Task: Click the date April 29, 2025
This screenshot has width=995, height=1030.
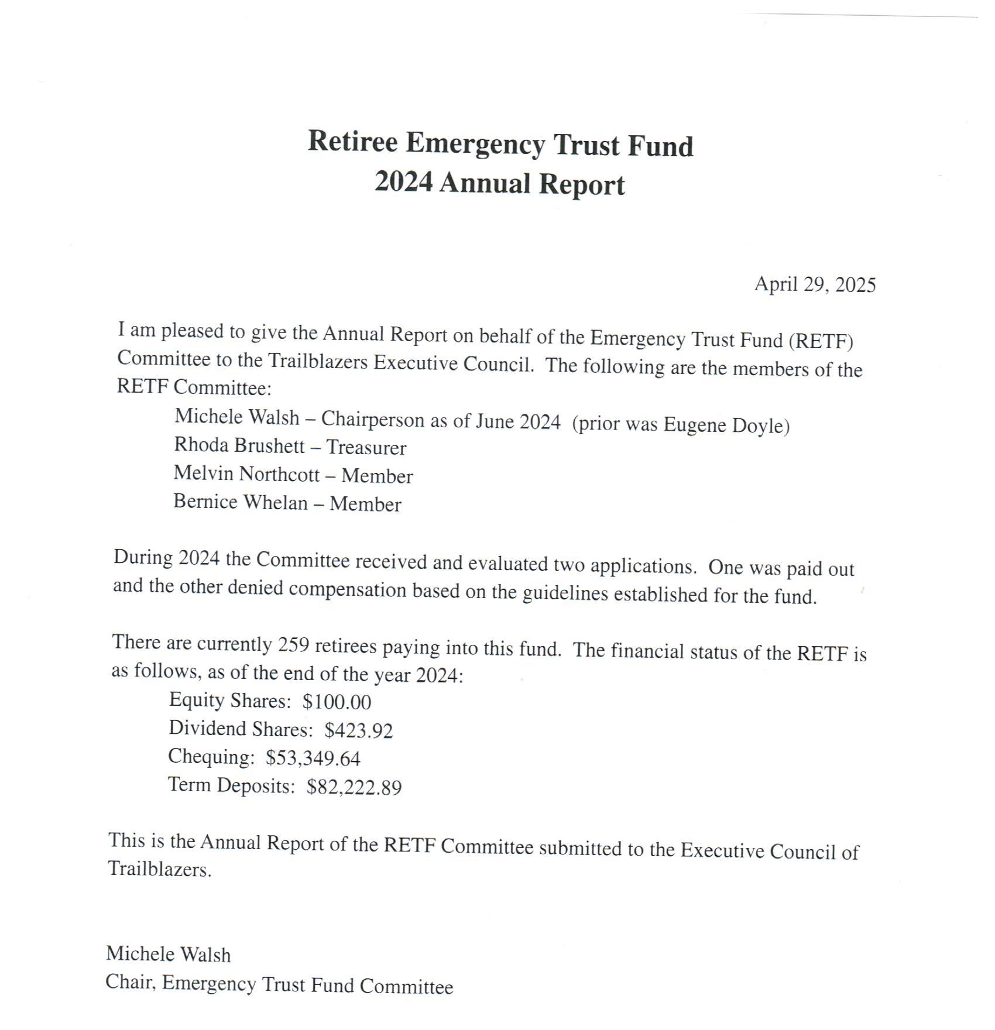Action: (x=814, y=284)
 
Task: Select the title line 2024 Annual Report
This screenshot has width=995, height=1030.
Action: (x=499, y=183)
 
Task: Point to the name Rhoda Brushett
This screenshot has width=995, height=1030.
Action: (x=239, y=446)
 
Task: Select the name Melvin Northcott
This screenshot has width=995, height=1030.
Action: (x=246, y=473)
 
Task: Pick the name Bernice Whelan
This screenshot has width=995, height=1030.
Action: (x=240, y=502)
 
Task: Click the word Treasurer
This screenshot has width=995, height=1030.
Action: (x=366, y=448)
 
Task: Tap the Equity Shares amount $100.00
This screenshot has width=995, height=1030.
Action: (x=337, y=702)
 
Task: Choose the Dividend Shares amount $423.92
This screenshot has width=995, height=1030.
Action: (x=358, y=730)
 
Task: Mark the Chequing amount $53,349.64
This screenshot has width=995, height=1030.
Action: (x=313, y=758)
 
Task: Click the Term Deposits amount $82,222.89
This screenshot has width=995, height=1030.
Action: (x=354, y=787)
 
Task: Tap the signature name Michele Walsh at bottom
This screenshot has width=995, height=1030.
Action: (x=168, y=955)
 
